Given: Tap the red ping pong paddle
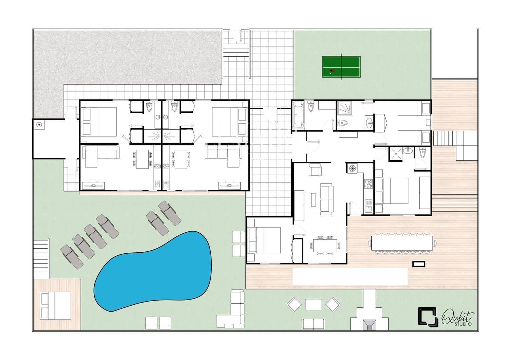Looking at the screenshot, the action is click(x=333, y=71).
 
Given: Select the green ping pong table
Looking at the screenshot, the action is click(x=341, y=67).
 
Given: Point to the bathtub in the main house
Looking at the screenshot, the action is click(x=298, y=115).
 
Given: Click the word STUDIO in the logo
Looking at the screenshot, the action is click(x=463, y=324).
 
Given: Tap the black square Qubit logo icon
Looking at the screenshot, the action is click(x=428, y=317).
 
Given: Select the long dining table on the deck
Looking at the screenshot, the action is click(x=402, y=243).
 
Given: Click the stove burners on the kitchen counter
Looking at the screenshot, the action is click(x=368, y=184).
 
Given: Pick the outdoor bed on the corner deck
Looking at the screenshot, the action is click(x=56, y=305).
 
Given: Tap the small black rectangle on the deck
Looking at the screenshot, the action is click(x=419, y=264).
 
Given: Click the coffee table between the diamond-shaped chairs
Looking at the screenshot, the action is click(x=313, y=305).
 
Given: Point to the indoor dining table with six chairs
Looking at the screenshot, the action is click(x=325, y=246).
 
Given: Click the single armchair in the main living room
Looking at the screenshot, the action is click(x=315, y=170).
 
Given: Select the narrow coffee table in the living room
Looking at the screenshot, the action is click(x=313, y=200).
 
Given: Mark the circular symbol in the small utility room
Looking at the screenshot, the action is click(x=39, y=125).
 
